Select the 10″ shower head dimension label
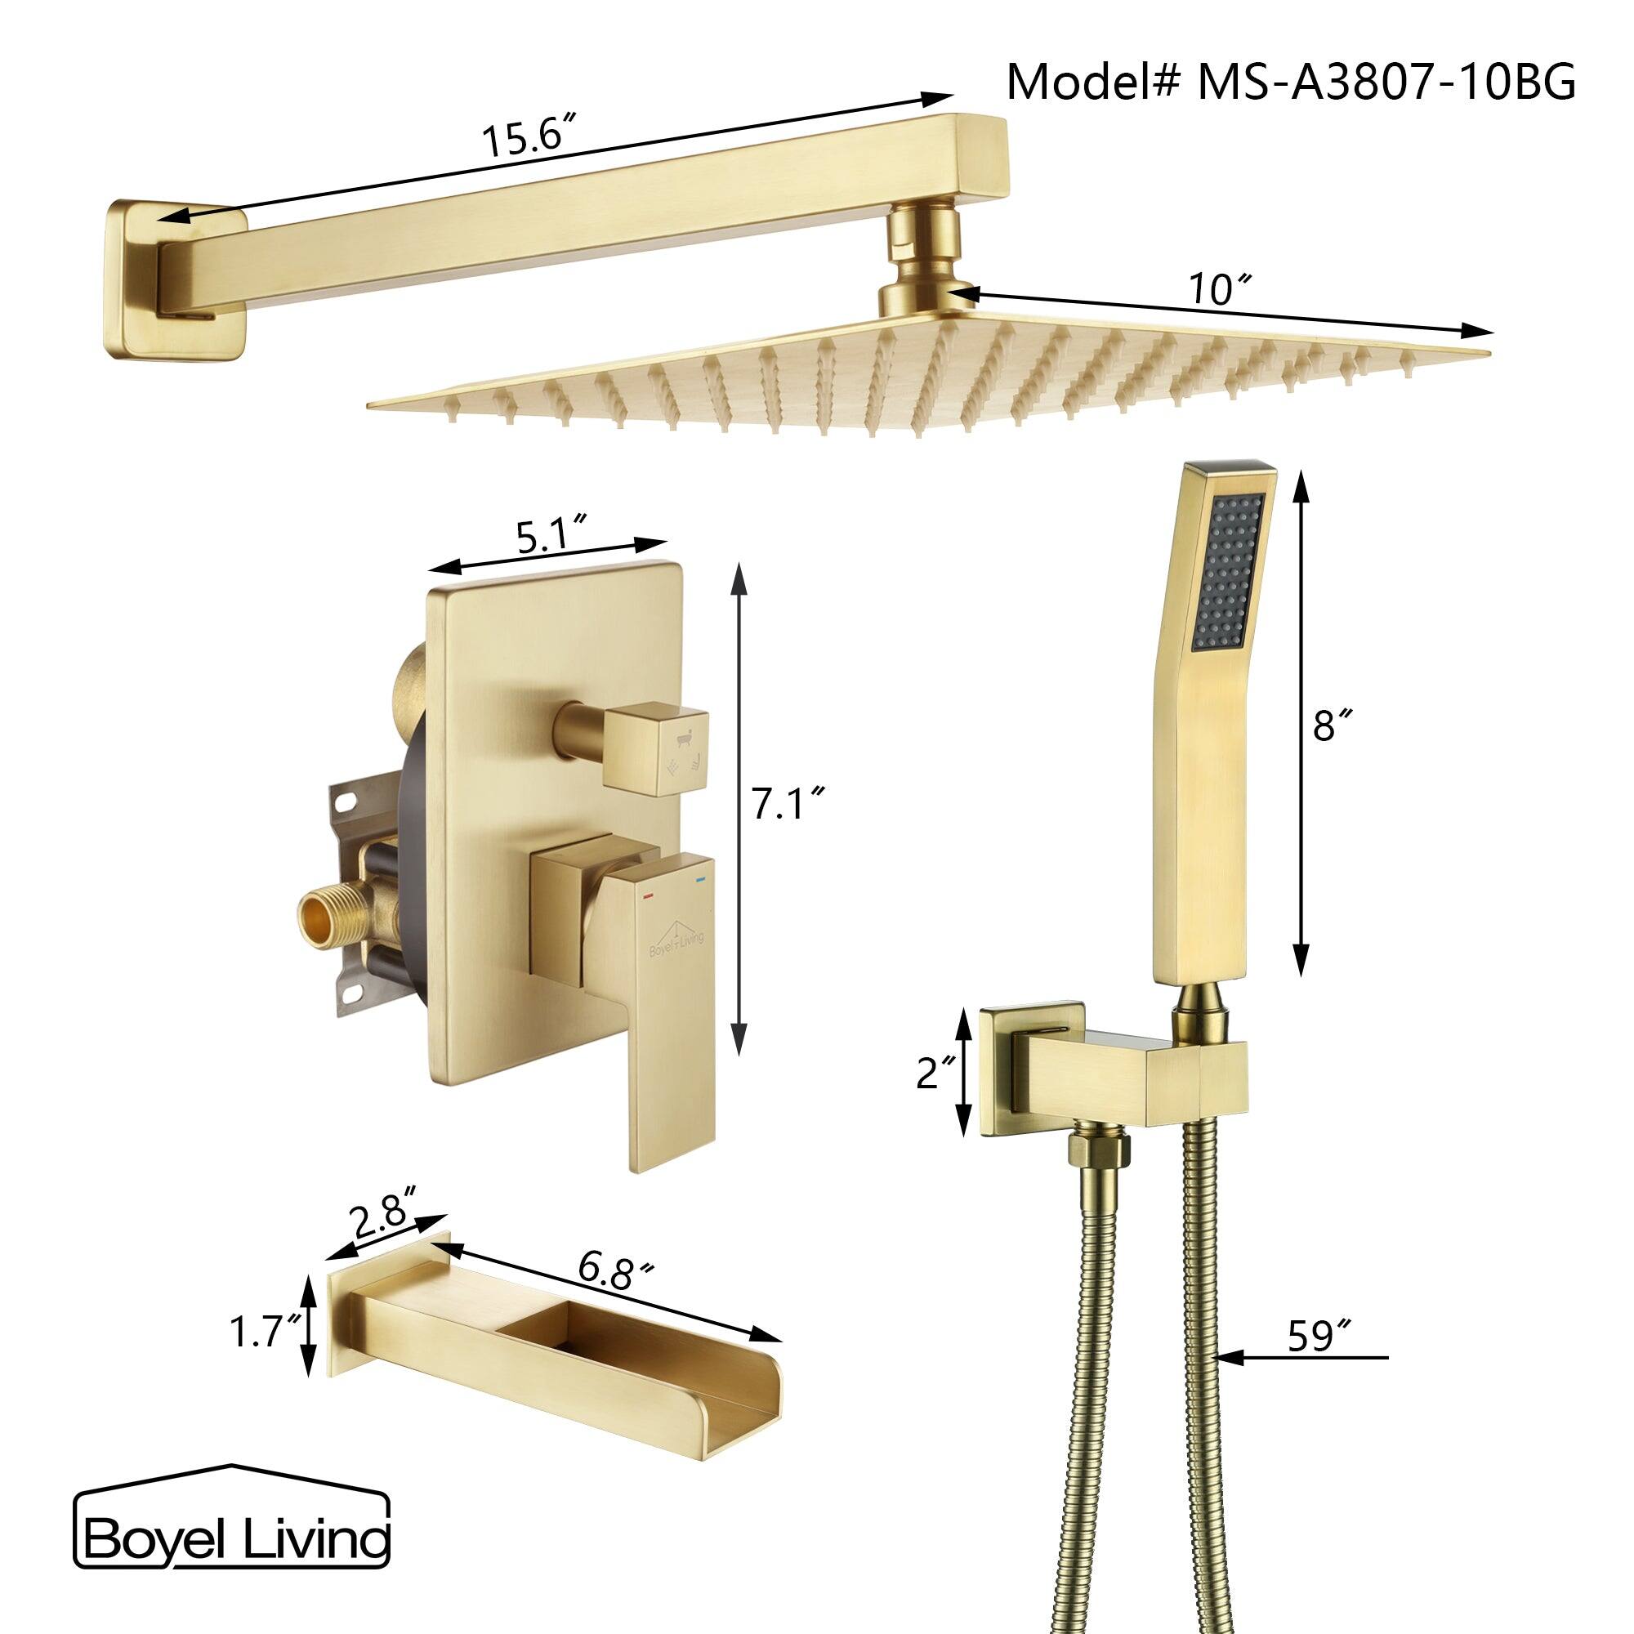tap(1219, 290)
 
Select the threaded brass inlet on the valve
tap(323, 917)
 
